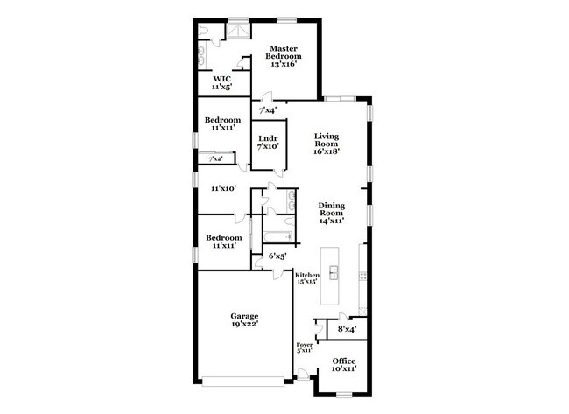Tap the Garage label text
coord(244,316)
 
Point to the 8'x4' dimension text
coord(347,330)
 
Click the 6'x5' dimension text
coord(278,256)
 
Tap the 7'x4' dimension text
coord(268,110)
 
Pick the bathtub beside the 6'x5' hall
coord(278,236)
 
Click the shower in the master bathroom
coord(237,31)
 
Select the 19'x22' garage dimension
coord(244,325)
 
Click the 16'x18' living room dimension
coord(327,150)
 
